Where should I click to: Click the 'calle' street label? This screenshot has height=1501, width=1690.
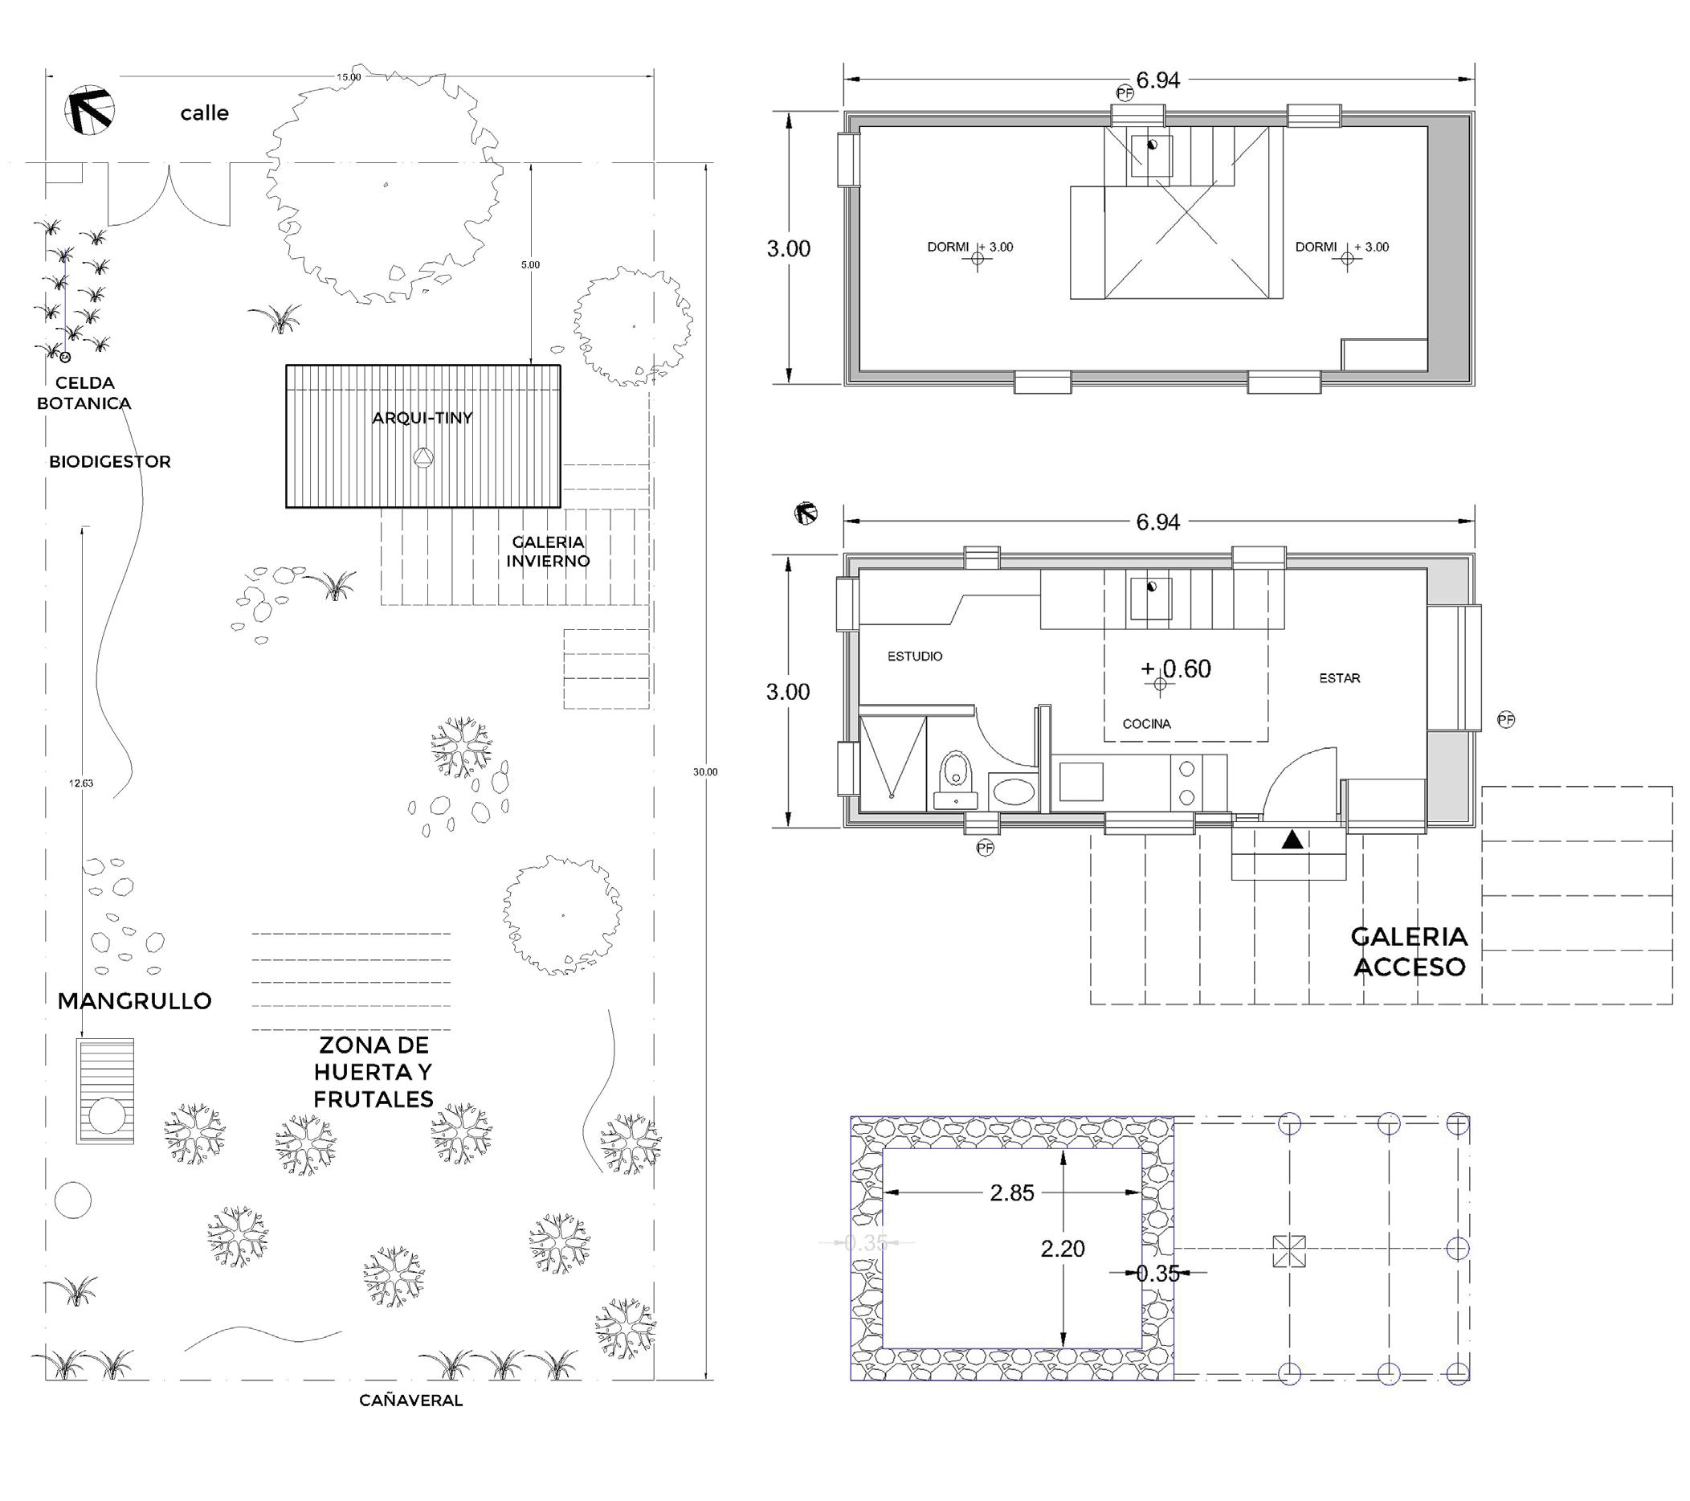[x=204, y=113]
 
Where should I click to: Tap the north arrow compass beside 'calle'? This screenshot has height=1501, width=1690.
[x=89, y=111]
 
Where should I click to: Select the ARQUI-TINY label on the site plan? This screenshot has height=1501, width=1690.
[x=422, y=419]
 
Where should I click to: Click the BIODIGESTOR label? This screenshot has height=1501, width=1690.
[x=110, y=462]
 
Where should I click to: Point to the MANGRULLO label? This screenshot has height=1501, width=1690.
[x=135, y=1001]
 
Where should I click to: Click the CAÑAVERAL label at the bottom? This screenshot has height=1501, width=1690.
[x=411, y=1401]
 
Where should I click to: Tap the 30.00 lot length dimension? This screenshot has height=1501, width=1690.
[x=705, y=772]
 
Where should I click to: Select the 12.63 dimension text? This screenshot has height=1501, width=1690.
[x=81, y=783]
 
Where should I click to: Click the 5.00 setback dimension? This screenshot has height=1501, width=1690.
[x=530, y=265]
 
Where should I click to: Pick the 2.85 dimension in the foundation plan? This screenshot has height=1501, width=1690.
[x=1012, y=1193]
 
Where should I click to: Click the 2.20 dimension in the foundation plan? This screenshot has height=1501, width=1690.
[x=1063, y=1249]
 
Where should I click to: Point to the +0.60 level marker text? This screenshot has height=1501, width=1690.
[x=1176, y=669]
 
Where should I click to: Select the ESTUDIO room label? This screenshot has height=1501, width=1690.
[x=914, y=656]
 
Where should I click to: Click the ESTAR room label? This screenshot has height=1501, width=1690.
[x=1340, y=678]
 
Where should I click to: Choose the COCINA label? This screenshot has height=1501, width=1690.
[x=1146, y=725]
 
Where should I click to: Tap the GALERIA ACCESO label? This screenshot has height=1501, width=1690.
[x=1409, y=952]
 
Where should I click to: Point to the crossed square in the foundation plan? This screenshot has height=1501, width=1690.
[x=1288, y=1251]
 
